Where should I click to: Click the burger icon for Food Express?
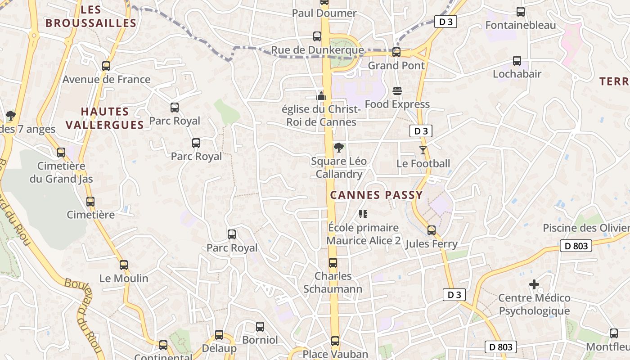click(x=397, y=91)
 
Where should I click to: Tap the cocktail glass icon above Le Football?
click(x=423, y=150)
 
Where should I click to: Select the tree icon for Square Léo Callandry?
click(x=338, y=148)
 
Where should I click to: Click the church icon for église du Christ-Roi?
click(x=321, y=95)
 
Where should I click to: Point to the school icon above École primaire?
click(x=363, y=214)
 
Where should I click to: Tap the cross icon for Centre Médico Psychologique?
click(x=534, y=284)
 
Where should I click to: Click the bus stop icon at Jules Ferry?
click(x=432, y=230)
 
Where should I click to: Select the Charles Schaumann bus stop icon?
click(x=333, y=263)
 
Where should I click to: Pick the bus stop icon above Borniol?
click(x=260, y=327)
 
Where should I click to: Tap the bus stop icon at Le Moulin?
click(x=124, y=265)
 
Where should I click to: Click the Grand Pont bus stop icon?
click(x=396, y=52)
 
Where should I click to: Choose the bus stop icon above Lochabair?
click(x=517, y=61)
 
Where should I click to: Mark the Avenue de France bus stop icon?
click(x=106, y=66)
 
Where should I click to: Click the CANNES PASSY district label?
click(x=376, y=195)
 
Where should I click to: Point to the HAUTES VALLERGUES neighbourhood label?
click(x=105, y=118)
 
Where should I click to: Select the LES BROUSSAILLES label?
click(x=91, y=17)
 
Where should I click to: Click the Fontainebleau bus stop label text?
click(x=521, y=25)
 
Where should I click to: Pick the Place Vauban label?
click(x=335, y=354)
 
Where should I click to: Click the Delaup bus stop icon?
click(x=219, y=335)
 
